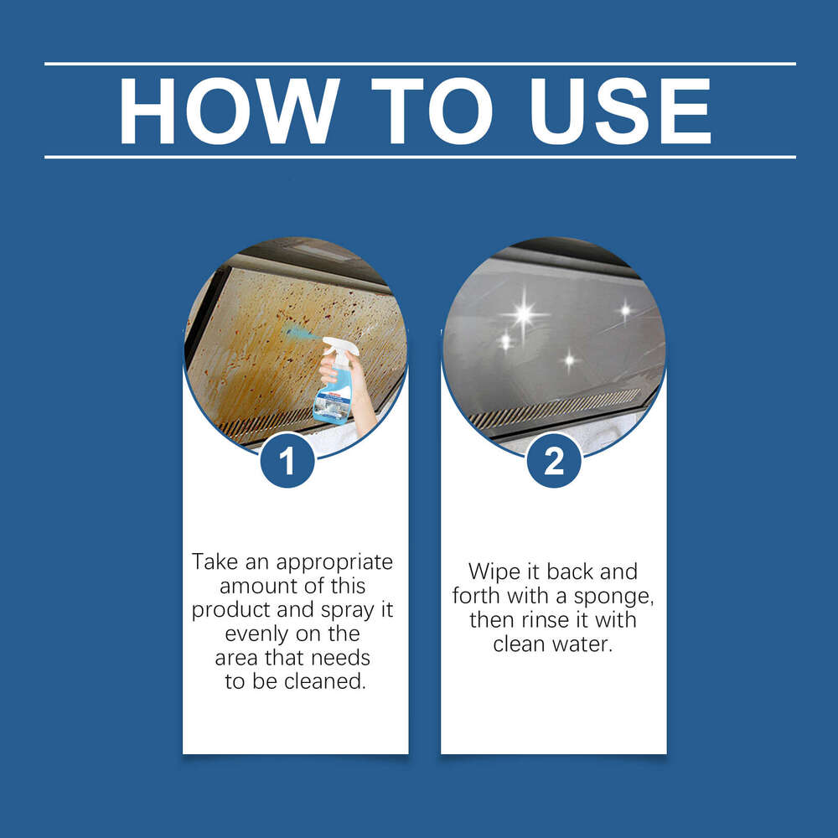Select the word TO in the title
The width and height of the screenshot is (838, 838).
427,111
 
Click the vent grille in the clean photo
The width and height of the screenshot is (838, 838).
553,408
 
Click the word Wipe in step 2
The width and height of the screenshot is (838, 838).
494,572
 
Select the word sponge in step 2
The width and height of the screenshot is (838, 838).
619,597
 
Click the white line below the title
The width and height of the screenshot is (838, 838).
419,157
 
